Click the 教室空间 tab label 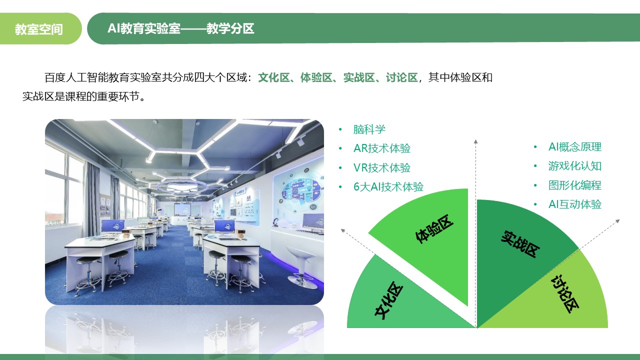tap(39, 29)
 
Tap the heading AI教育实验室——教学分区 tap(180, 28)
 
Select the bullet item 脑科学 tap(369, 129)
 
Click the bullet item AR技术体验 tap(381, 148)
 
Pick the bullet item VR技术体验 tap(381, 167)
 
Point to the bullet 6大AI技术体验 tap(388, 187)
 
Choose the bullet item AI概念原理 tap(575, 147)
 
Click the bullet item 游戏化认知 tap(575, 166)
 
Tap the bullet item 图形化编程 tap(575, 185)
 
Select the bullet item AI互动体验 tap(575, 204)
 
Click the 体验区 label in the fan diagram tap(434, 229)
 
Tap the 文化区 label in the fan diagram tap(389, 300)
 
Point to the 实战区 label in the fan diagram tap(520, 244)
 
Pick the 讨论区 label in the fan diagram tap(564, 294)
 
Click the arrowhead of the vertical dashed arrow tap(475, 141)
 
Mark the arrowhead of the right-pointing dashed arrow tap(617, 221)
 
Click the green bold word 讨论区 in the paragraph tap(401, 77)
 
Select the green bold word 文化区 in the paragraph tap(273, 77)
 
